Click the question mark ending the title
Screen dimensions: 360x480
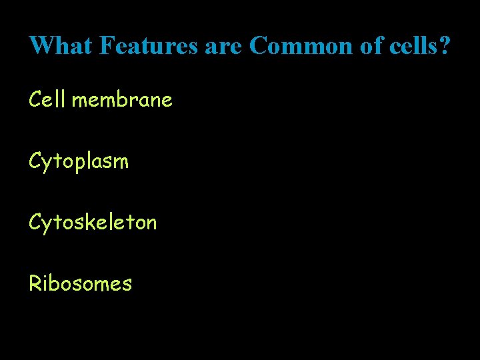pos(445,45)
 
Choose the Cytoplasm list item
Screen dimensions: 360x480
pos(79,161)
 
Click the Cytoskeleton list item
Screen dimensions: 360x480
pos(93,221)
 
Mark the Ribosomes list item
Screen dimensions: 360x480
pos(80,283)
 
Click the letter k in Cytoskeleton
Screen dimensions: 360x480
pos(85,221)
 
